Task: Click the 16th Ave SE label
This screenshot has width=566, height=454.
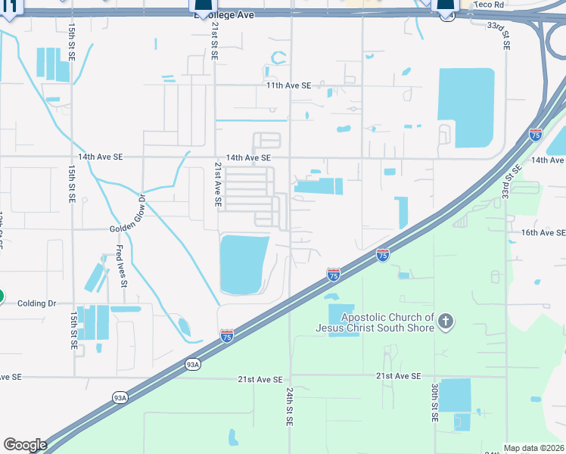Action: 543,233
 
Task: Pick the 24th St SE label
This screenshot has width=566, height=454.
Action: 290,407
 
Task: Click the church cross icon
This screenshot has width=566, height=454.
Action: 446,322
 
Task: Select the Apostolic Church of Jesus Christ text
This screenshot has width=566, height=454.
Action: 387,322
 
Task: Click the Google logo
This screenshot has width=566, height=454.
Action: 25,445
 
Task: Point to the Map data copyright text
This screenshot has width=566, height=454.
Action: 533,448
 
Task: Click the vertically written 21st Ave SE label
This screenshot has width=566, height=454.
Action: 216,184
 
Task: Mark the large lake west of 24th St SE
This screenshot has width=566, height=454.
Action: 243,264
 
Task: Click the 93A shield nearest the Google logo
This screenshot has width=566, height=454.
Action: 120,397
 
